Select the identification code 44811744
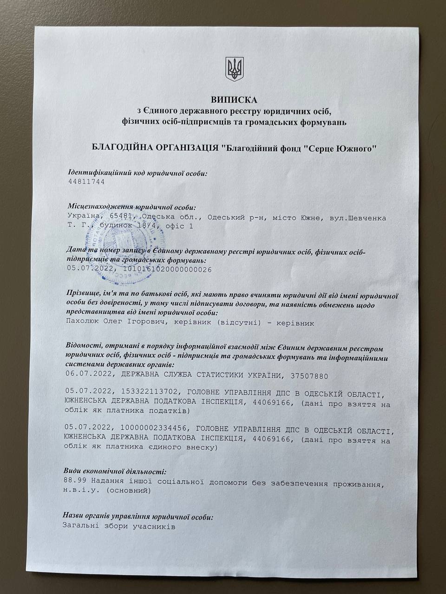click(x=86, y=182)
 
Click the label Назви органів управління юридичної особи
click(x=138, y=517)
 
